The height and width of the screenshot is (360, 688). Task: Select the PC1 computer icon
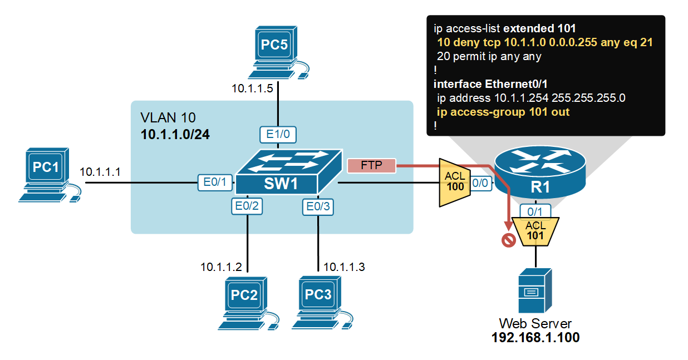[48, 174]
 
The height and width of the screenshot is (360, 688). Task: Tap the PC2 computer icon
[245, 303]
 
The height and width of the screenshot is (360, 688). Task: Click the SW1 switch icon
[288, 171]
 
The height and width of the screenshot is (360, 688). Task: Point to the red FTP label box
[371, 165]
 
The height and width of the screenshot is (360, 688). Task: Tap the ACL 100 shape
[455, 183]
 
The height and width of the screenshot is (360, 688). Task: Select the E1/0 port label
[278, 134]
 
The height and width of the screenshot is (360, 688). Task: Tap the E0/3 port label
[318, 207]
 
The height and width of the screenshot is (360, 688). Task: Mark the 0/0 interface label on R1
[481, 183]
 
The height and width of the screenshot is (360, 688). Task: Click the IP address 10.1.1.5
[252, 88]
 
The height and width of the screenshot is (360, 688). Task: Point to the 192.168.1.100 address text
[535, 338]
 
